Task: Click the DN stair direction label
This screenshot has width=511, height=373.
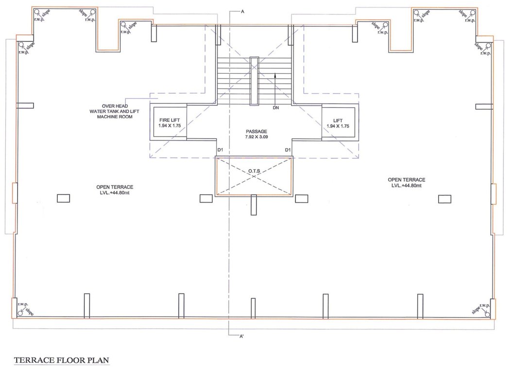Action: click(x=276, y=108)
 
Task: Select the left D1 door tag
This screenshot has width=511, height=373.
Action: click(x=220, y=150)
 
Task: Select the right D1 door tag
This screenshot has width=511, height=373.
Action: click(x=288, y=150)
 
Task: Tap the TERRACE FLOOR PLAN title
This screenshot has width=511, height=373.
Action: click(x=62, y=361)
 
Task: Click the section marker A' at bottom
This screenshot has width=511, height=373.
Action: click(x=241, y=336)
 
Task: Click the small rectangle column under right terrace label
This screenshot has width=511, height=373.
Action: click(x=444, y=198)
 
